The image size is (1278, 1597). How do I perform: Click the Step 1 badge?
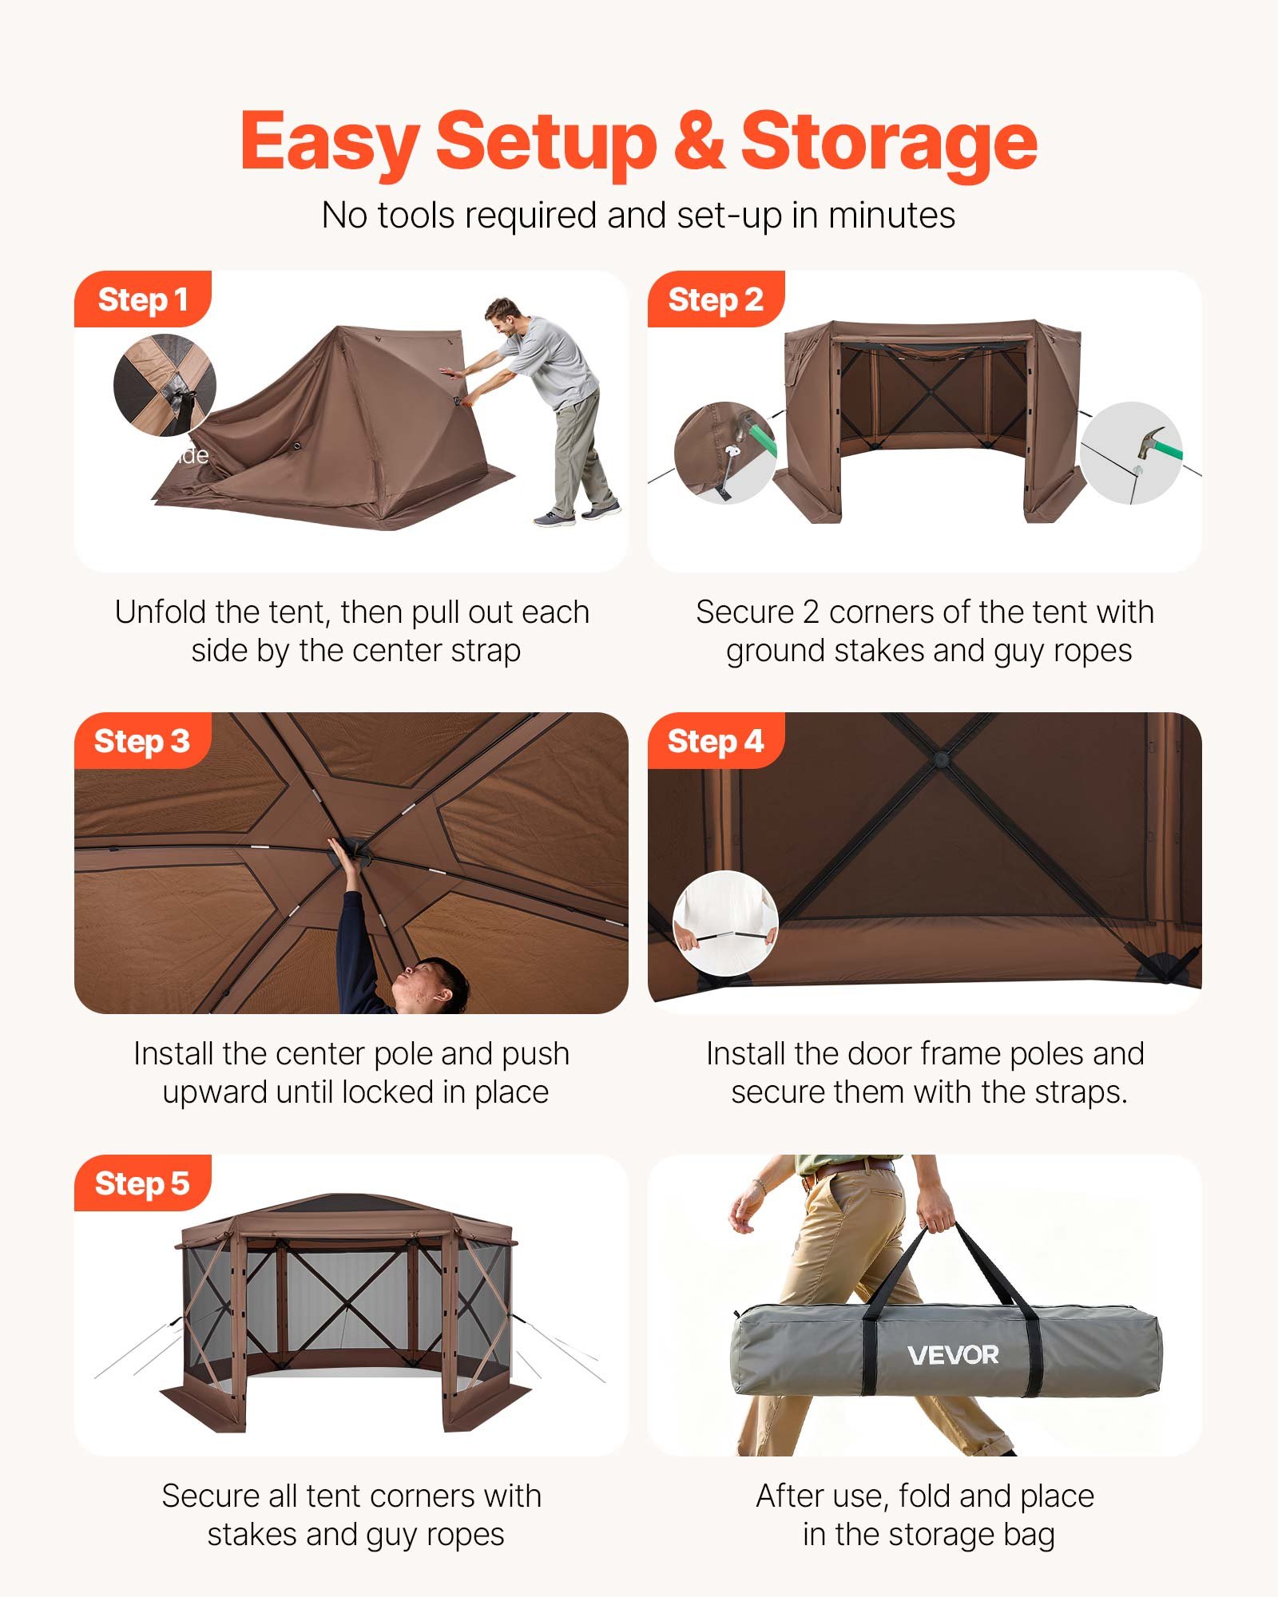tap(142, 299)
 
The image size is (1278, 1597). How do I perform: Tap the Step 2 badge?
tap(715, 299)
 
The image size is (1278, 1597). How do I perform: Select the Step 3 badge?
tap(142, 741)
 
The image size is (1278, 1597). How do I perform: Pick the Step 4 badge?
tap(715, 741)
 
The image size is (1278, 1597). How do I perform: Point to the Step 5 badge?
tap(142, 1183)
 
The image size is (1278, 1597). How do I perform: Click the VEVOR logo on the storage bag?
tap(953, 1355)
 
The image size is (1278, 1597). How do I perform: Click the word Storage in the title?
tap(888, 142)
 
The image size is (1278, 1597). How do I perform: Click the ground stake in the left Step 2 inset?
tap(728, 471)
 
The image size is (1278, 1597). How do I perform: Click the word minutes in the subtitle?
tap(891, 216)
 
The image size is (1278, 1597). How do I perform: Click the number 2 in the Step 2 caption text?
tap(811, 612)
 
